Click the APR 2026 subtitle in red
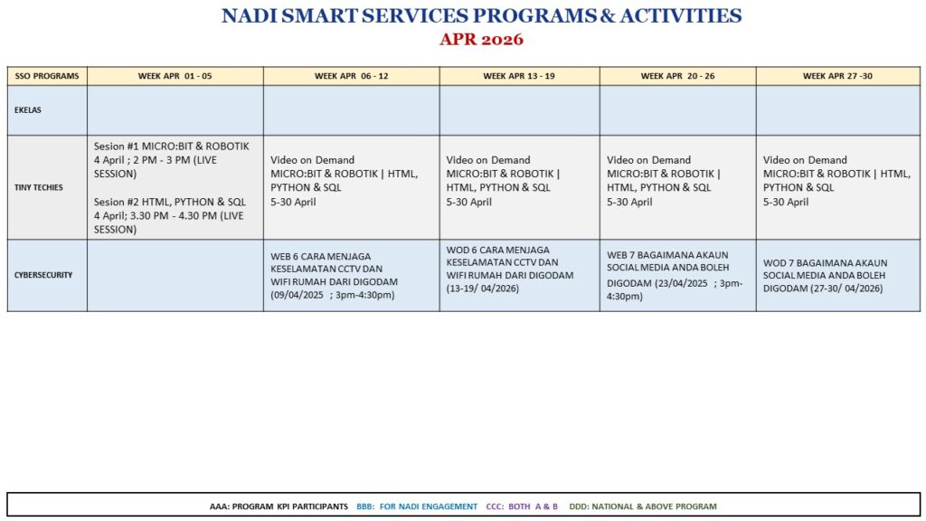tap(481, 40)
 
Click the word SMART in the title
tap(319, 16)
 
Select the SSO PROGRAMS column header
tap(47, 76)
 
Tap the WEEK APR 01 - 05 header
tap(175, 76)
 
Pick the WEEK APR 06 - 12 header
tap(352, 76)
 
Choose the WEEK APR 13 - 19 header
tap(519, 76)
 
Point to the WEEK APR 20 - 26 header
tap(678, 76)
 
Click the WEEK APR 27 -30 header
tap(837, 76)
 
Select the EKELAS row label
tap(28, 109)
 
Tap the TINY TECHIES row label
tap(38, 187)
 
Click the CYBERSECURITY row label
tap(43, 275)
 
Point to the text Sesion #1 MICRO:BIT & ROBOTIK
tap(171, 146)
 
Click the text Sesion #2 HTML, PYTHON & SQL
tap(170, 202)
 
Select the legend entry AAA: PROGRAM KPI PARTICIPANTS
tap(279, 507)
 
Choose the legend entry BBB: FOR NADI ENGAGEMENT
tap(417, 507)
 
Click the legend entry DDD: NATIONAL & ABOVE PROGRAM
tap(643, 507)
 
